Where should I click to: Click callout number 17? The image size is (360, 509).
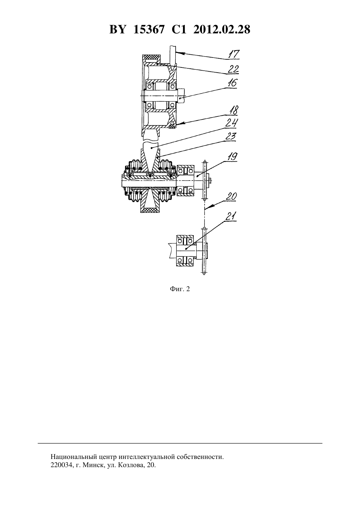tap(234, 54)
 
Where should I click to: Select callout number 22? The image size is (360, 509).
tap(233, 69)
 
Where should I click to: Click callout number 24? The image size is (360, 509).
tap(232, 123)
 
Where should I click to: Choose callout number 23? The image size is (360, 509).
tap(230, 136)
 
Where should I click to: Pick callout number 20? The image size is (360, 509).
tap(231, 197)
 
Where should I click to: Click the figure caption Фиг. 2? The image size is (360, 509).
tap(180, 289)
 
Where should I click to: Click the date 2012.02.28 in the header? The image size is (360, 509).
tap(222, 29)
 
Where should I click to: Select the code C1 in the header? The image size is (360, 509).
tap(179, 29)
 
